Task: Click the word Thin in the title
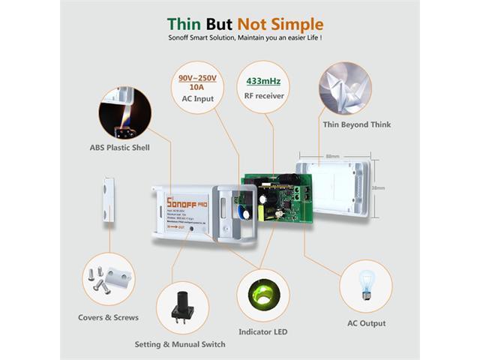click(185, 25)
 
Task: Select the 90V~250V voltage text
click(197, 78)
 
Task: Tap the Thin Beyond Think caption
click(352, 126)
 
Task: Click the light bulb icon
click(365, 283)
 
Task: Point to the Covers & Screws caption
click(109, 317)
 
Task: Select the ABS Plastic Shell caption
click(120, 148)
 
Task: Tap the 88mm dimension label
click(332, 157)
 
